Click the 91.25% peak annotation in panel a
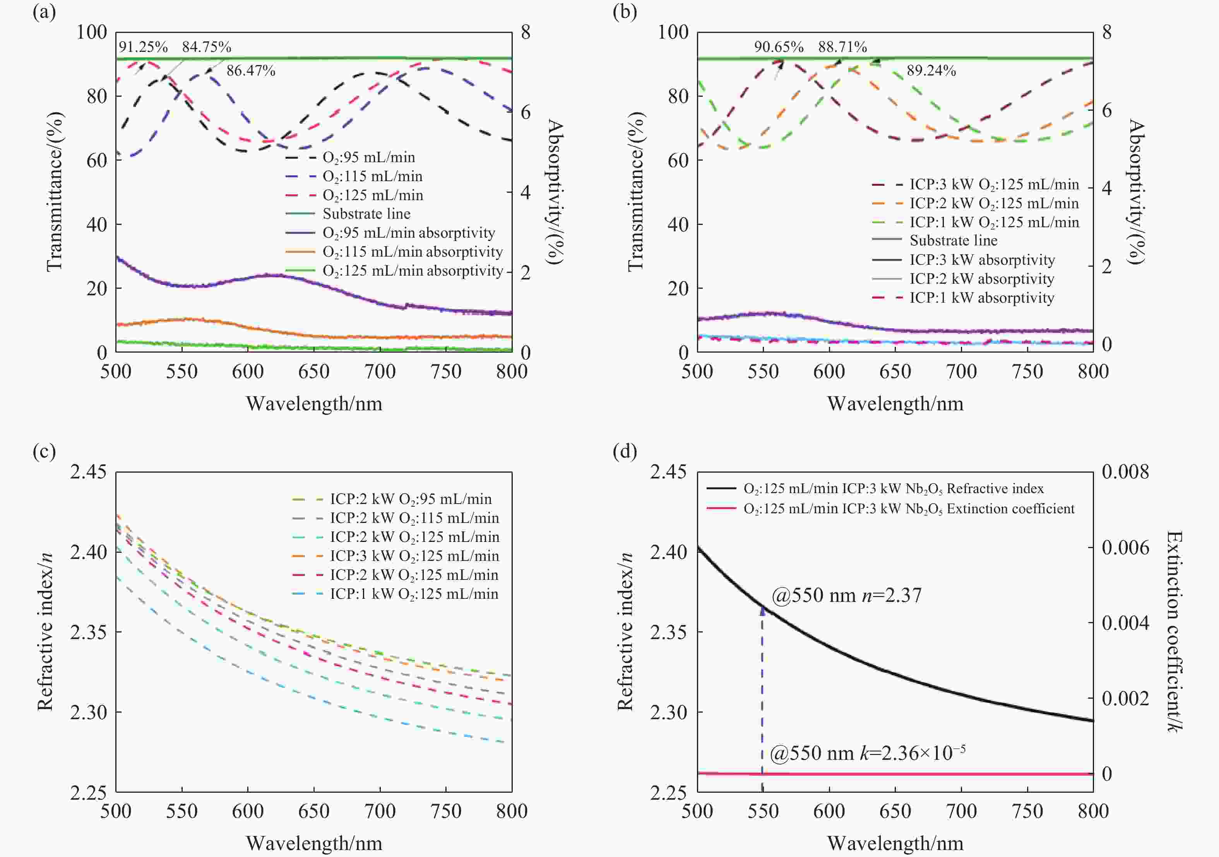(143, 47)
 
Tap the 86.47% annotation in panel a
(251, 70)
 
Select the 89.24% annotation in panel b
(931, 70)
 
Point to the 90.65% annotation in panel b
(778, 47)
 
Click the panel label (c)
(44, 451)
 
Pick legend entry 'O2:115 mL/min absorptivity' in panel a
(412, 252)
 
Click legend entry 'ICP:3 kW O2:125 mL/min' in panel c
(414, 556)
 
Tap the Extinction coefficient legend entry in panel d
(908, 509)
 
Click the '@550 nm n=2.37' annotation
(846, 595)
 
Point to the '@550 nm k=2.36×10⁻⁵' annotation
(867, 753)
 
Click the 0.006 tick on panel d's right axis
(1125, 547)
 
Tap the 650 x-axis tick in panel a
(314, 371)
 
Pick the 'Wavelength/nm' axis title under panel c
(314, 843)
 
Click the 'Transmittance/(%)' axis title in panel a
(55, 192)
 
